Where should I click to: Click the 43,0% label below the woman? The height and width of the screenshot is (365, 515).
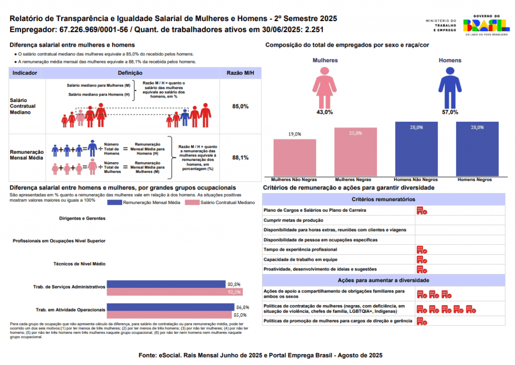click(x=325, y=112)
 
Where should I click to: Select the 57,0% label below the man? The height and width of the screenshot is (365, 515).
click(x=450, y=112)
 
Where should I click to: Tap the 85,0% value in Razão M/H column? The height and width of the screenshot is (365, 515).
click(x=240, y=107)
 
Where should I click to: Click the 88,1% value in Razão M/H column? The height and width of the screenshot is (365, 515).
click(x=240, y=157)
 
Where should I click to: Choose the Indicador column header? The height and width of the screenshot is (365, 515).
click(x=25, y=73)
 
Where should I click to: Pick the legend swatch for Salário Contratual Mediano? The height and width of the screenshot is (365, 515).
click(x=192, y=203)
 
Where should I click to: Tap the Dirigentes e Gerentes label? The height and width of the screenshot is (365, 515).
click(x=82, y=219)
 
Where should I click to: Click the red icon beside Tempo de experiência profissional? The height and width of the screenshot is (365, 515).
click(x=421, y=250)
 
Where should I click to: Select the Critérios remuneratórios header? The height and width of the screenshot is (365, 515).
click(x=384, y=200)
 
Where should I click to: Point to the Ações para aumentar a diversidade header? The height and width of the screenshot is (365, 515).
click(x=384, y=280)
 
